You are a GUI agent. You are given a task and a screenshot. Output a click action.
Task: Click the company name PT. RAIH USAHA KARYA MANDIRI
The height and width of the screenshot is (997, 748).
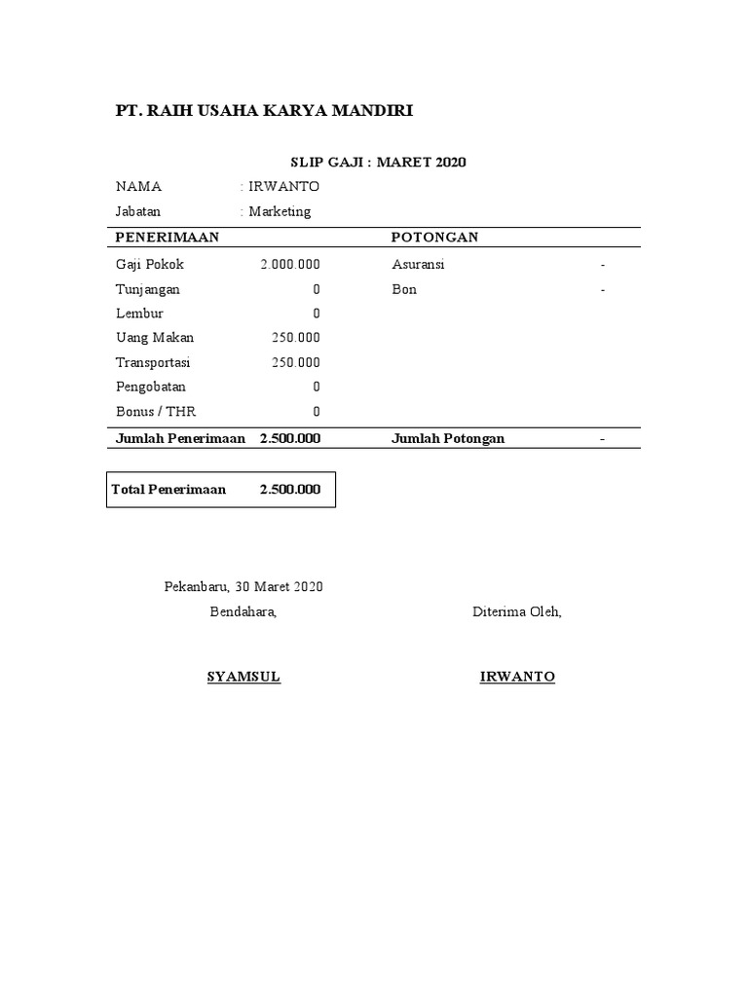click(x=264, y=111)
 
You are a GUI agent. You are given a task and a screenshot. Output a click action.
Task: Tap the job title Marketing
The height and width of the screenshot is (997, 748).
click(x=280, y=211)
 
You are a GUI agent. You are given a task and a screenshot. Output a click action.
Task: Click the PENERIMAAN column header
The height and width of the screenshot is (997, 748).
click(x=168, y=238)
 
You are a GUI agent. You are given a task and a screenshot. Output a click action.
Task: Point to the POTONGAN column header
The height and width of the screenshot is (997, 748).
click(x=434, y=238)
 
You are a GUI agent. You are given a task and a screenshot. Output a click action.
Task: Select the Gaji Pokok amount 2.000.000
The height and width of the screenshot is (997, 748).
click(x=290, y=265)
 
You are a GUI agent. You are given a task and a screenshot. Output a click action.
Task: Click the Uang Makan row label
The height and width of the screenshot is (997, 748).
click(x=155, y=338)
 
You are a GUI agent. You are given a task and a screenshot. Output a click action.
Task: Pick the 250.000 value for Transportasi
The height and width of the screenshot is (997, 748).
click(x=295, y=362)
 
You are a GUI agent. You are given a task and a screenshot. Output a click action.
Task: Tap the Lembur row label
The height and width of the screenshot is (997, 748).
click(x=139, y=314)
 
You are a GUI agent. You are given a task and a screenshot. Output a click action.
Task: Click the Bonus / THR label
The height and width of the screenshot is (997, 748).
click(x=156, y=411)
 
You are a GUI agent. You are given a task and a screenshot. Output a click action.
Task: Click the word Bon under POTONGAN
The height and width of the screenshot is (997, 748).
click(x=404, y=289)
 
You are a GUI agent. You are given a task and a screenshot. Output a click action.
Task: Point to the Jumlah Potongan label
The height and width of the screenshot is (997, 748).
click(x=448, y=438)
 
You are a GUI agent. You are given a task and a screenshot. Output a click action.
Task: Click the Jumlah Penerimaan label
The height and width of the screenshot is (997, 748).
click(x=180, y=438)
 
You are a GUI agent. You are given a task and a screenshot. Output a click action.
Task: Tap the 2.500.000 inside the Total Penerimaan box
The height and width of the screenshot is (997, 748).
click(x=289, y=490)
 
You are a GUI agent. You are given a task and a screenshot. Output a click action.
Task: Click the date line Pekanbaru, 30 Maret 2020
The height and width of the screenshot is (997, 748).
click(x=243, y=587)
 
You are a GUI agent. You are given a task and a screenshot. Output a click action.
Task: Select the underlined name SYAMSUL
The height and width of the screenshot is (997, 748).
click(x=243, y=677)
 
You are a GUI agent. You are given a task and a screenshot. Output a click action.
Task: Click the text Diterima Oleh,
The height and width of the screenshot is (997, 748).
click(x=517, y=612)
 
